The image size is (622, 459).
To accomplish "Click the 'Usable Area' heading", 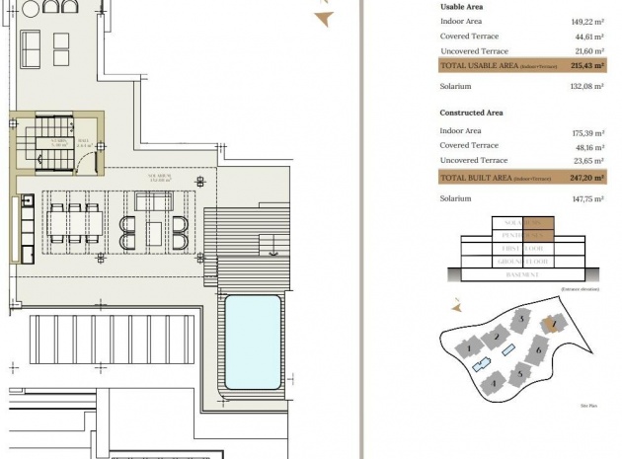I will click(x=461, y=7).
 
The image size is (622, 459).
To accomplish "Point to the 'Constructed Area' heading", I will click(x=471, y=113).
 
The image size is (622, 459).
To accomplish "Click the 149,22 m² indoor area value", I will click(x=588, y=19).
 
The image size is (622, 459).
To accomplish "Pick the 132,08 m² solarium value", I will click(x=588, y=86).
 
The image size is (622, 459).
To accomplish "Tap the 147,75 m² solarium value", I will click(x=588, y=198).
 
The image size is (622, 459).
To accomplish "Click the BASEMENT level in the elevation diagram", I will click(x=522, y=273).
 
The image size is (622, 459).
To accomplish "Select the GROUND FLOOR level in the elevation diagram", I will click(x=522, y=262).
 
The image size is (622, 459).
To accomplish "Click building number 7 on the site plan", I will click(x=555, y=323).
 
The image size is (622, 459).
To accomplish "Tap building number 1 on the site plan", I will click(x=464, y=347).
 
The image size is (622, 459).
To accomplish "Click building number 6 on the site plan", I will click(x=539, y=349).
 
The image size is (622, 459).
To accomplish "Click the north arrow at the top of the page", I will click(x=323, y=17).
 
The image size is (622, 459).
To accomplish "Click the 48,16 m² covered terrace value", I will click(x=588, y=145).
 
